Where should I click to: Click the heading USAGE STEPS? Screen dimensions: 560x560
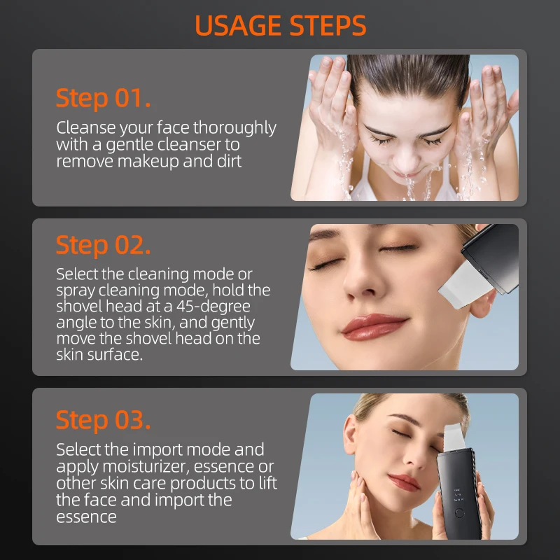coord(280,26)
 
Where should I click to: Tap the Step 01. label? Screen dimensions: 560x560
coord(103,98)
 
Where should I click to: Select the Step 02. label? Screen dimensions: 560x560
coord(103,245)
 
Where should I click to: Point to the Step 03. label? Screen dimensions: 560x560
coord(103,420)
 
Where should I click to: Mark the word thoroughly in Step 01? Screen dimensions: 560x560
coord(234,128)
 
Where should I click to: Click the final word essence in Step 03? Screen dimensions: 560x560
coord(86,517)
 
